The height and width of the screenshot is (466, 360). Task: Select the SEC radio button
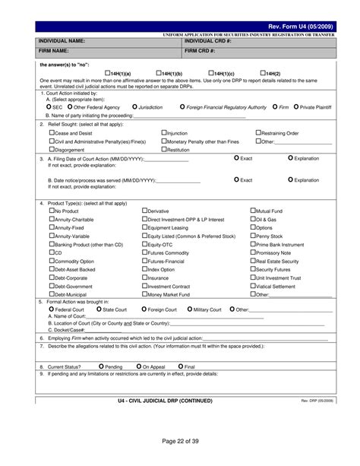49,107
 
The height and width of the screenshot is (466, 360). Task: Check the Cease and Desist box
51,132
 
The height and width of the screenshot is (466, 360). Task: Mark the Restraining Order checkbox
258,132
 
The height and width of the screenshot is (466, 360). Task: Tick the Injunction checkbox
163,132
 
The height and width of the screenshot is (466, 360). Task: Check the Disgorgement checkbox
51,150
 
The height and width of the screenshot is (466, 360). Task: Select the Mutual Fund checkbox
253,210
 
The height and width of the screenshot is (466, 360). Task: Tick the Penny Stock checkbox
253,236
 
